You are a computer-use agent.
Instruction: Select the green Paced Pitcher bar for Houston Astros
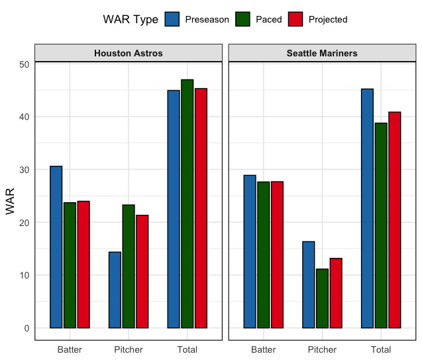pyautogui.click(x=129, y=266)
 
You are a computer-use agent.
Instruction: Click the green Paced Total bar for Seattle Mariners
pyautogui.click(x=381, y=225)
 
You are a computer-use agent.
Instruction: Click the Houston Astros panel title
pyautogui.click(x=129, y=53)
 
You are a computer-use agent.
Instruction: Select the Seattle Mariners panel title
pyautogui.click(x=322, y=53)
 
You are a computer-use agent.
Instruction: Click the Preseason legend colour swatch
pyautogui.click(x=172, y=19)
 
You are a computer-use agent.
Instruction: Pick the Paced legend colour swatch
pyautogui.click(x=244, y=19)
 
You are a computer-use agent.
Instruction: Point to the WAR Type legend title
pyautogui.click(x=131, y=19)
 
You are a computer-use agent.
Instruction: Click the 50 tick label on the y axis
pyautogui.click(x=25, y=64)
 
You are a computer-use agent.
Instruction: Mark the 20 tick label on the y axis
pyautogui.click(x=25, y=222)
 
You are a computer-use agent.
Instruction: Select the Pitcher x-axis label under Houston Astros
pyautogui.click(x=129, y=349)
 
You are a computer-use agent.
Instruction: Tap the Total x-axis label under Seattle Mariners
pyautogui.click(x=381, y=349)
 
